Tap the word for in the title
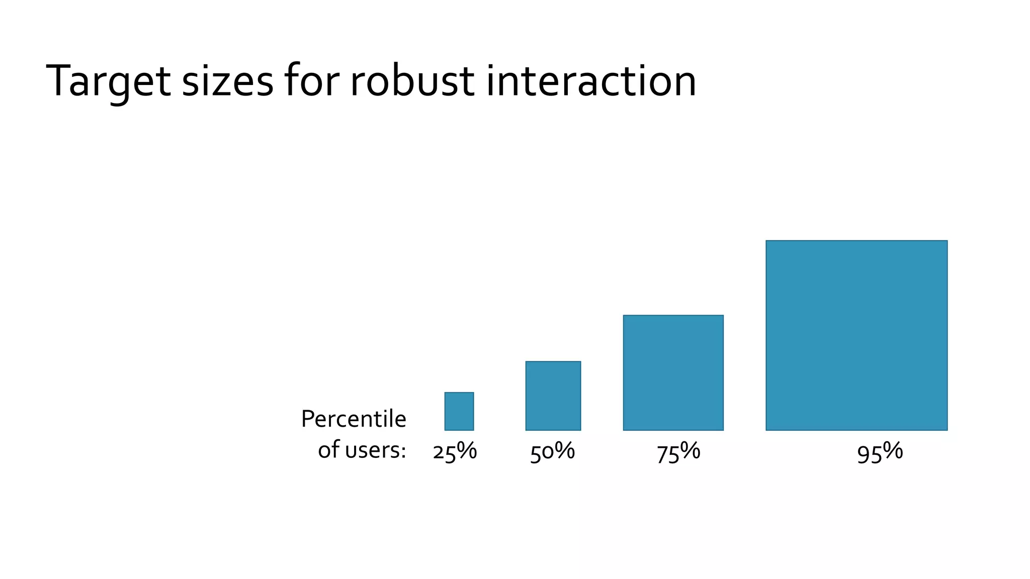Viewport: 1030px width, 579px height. (312, 80)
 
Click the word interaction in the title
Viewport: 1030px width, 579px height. (591, 80)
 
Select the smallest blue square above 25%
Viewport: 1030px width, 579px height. (459, 411)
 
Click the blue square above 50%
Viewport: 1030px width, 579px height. (553, 396)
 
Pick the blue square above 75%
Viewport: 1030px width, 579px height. (673, 372)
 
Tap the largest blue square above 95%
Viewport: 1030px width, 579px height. (856, 335)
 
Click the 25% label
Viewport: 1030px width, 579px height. (455, 452)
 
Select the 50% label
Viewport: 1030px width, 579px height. (552, 452)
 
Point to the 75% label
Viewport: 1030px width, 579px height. (678, 452)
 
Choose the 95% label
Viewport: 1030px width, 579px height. (880, 452)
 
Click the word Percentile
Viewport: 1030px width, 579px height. (354, 419)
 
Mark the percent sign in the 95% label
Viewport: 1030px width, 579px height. (893, 450)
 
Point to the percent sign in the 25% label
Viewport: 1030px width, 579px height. (467, 450)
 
